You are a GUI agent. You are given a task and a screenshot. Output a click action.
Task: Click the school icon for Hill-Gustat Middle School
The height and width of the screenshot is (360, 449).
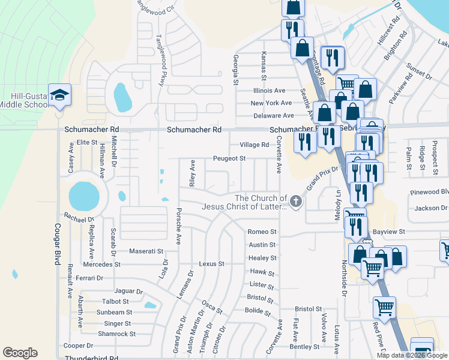59,96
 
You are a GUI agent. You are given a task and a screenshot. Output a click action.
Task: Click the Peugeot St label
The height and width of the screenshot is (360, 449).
229,158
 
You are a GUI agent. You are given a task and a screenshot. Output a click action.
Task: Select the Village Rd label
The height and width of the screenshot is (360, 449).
254,145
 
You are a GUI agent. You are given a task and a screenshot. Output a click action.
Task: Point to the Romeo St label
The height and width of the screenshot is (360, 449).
262,232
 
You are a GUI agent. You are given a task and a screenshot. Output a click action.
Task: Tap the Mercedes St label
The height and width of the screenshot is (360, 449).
102,264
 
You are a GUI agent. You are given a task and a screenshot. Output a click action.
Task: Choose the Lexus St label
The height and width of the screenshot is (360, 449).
211,264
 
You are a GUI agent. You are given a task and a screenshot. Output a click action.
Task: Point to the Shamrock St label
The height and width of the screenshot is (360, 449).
116,334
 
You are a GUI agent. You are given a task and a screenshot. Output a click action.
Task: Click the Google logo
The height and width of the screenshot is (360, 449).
20,352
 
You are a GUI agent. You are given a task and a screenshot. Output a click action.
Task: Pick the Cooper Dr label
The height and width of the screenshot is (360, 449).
79,346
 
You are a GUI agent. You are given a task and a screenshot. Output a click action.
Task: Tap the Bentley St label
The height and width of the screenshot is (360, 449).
304,347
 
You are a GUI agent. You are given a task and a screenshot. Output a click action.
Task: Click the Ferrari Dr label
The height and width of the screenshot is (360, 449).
90,278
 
